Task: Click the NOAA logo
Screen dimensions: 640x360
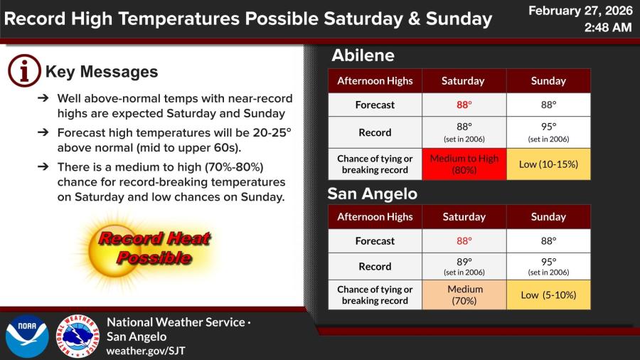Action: point(27,337)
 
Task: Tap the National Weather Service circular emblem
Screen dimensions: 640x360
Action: point(78,337)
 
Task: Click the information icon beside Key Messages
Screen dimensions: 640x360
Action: point(24,70)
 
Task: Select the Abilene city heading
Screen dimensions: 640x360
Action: point(363,55)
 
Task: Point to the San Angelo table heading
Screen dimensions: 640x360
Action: point(372,194)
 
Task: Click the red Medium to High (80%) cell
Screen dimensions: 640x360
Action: point(464,164)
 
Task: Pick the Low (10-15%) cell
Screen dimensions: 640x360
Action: point(548,164)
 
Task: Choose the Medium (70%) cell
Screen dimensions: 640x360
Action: point(464,295)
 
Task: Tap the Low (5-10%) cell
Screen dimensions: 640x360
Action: point(548,295)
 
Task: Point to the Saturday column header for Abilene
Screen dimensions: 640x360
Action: point(463,81)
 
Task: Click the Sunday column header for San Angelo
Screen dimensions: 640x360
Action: point(548,217)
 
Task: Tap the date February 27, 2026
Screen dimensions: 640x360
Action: point(580,11)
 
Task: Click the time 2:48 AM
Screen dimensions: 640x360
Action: point(608,27)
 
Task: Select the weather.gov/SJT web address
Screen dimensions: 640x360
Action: point(146,351)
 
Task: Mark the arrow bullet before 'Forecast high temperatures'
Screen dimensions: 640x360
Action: point(43,132)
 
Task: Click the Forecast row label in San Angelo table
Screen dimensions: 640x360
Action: point(375,240)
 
